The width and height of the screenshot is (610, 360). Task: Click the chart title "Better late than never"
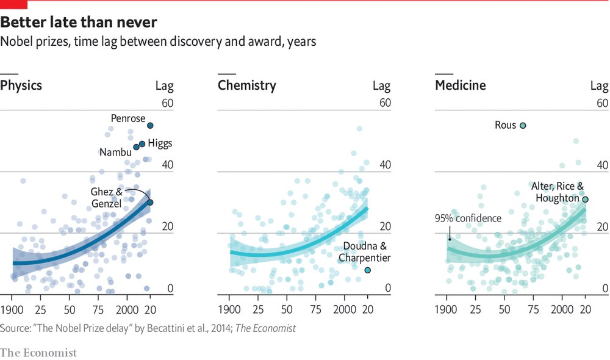tap(79, 23)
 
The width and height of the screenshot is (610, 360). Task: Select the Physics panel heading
tap(21, 85)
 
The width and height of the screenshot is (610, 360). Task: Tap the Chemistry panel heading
tap(246, 85)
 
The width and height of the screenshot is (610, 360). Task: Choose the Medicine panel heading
tap(460, 85)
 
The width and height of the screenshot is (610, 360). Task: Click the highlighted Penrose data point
tap(150, 125)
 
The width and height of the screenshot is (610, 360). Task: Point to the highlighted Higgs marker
tap(142, 144)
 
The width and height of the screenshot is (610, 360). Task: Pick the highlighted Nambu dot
tap(136, 147)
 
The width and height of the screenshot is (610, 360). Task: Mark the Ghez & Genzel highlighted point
tap(150, 202)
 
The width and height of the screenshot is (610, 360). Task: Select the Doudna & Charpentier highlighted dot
tap(367, 270)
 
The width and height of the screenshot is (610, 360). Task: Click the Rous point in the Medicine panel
tap(523, 125)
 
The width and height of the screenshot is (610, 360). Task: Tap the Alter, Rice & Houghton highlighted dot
tap(585, 200)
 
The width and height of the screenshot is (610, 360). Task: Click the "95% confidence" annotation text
tap(468, 218)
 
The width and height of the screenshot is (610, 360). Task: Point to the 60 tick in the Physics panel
tap(167, 103)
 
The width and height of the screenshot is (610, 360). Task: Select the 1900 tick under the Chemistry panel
tap(229, 308)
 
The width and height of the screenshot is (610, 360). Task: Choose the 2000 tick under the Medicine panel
tap(561, 308)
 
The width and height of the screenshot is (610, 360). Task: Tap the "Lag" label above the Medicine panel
tap(599, 85)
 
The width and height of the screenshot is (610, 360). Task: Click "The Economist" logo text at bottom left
tap(38, 352)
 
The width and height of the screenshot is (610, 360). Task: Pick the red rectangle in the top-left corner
tap(13, 4)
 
